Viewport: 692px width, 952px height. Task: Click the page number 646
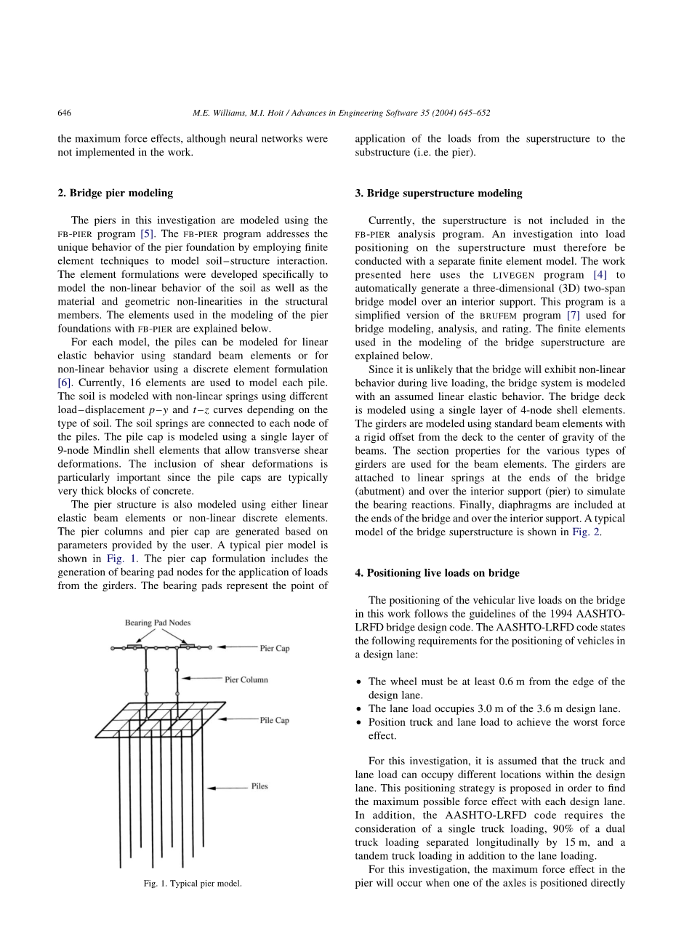pyautogui.click(x=65, y=113)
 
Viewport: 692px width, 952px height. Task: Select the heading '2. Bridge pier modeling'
pyautogui.click(x=116, y=193)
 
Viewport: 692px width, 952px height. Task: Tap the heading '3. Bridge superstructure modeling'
pyautogui.click(x=438, y=193)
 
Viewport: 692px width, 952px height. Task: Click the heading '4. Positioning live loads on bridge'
pyautogui.click(x=437, y=573)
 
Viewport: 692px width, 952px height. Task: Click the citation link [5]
pyautogui.click(x=147, y=233)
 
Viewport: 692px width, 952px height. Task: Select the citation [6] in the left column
pyautogui.click(x=64, y=383)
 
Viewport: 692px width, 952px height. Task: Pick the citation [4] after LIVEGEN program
pyautogui.click(x=600, y=275)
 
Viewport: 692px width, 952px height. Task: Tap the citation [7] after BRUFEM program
pyautogui.click(x=573, y=316)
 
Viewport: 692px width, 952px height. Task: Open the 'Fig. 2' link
pyautogui.click(x=586, y=532)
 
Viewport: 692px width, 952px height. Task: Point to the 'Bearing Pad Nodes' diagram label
pyautogui.click(x=158, y=623)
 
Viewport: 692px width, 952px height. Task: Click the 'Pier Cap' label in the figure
pyautogui.click(x=275, y=648)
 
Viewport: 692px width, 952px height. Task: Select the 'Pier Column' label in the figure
pyautogui.click(x=246, y=679)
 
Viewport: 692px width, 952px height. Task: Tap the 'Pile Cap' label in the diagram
pyautogui.click(x=275, y=720)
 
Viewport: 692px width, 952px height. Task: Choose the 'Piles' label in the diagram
pyautogui.click(x=259, y=786)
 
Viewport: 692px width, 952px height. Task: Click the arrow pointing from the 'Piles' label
pyautogui.click(x=228, y=788)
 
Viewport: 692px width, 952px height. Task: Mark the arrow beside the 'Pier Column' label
pyautogui.click(x=201, y=679)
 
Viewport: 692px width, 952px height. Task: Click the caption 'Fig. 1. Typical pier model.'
pyautogui.click(x=193, y=883)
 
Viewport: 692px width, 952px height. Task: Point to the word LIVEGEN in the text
pyautogui.click(x=514, y=275)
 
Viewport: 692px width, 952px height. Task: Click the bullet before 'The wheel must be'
pyautogui.click(x=359, y=682)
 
